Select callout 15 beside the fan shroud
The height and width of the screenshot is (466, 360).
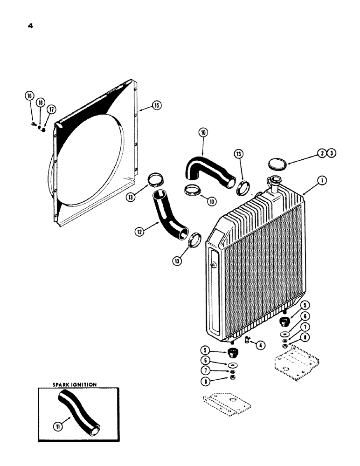pyautogui.click(x=156, y=106)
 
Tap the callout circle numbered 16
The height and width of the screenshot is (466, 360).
pyautogui.click(x=29, y=96)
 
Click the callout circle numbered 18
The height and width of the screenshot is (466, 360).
pyautogui.click(x=40, y=103)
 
